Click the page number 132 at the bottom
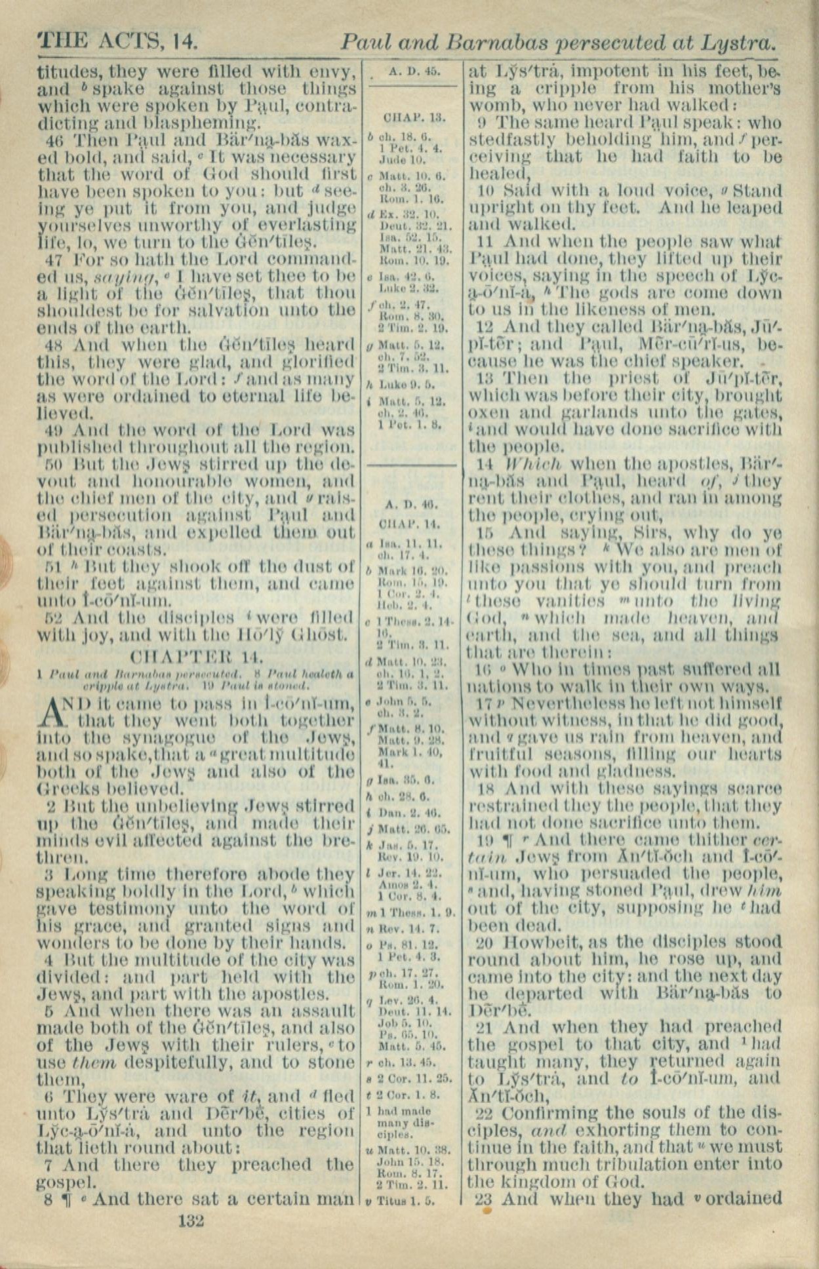(191, 1220)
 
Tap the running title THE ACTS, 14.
(118, 42)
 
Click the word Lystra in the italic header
(738, 43)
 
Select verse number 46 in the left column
(53, 140)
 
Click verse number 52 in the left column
(53, 617)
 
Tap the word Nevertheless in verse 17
(559, 703)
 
